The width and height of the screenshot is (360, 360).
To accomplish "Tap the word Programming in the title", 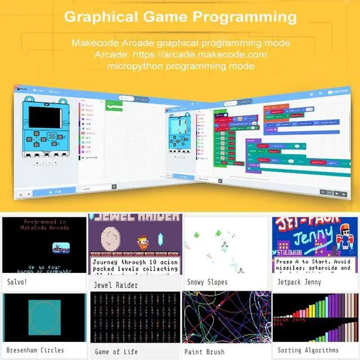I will click(247, 16).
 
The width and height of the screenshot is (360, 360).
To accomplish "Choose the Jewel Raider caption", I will click(116, 284).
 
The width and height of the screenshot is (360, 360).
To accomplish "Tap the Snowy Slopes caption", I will click(207, 281).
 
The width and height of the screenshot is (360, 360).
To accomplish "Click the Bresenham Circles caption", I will click(36, 350).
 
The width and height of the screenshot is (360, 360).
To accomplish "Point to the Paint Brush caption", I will click(205, 352).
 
